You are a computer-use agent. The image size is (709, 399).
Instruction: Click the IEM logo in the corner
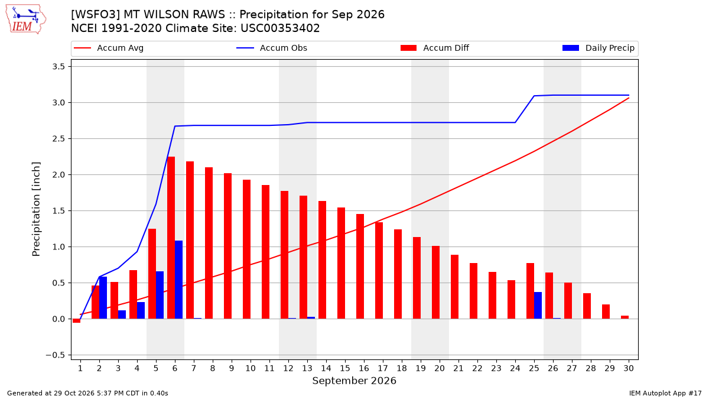26,20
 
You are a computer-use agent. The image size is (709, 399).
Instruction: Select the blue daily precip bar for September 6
178,280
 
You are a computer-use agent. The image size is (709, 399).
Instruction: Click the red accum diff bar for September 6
171,238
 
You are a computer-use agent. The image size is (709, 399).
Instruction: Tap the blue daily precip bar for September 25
538,305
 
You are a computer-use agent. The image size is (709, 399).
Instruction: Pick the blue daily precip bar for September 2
103,298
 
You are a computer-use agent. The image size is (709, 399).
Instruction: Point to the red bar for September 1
76,321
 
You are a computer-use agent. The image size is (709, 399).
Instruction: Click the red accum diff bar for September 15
341,263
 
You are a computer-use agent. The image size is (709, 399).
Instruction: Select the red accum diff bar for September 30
625,317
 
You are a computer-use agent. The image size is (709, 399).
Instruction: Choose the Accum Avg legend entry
109,48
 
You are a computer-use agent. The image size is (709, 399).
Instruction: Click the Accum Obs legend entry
272,48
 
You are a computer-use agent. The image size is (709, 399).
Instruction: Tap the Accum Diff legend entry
435,48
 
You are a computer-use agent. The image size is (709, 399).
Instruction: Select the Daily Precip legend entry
598,48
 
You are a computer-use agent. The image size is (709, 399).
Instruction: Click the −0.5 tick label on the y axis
56,355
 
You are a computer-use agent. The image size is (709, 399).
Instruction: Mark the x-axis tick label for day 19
421,368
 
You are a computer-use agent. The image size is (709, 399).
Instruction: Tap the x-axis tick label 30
629,368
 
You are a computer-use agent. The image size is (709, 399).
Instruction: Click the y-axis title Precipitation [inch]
36,209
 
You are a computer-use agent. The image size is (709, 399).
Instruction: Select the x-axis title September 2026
354,381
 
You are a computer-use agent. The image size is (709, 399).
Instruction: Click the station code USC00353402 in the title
280,28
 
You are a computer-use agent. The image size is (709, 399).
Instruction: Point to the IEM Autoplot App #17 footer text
665,393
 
